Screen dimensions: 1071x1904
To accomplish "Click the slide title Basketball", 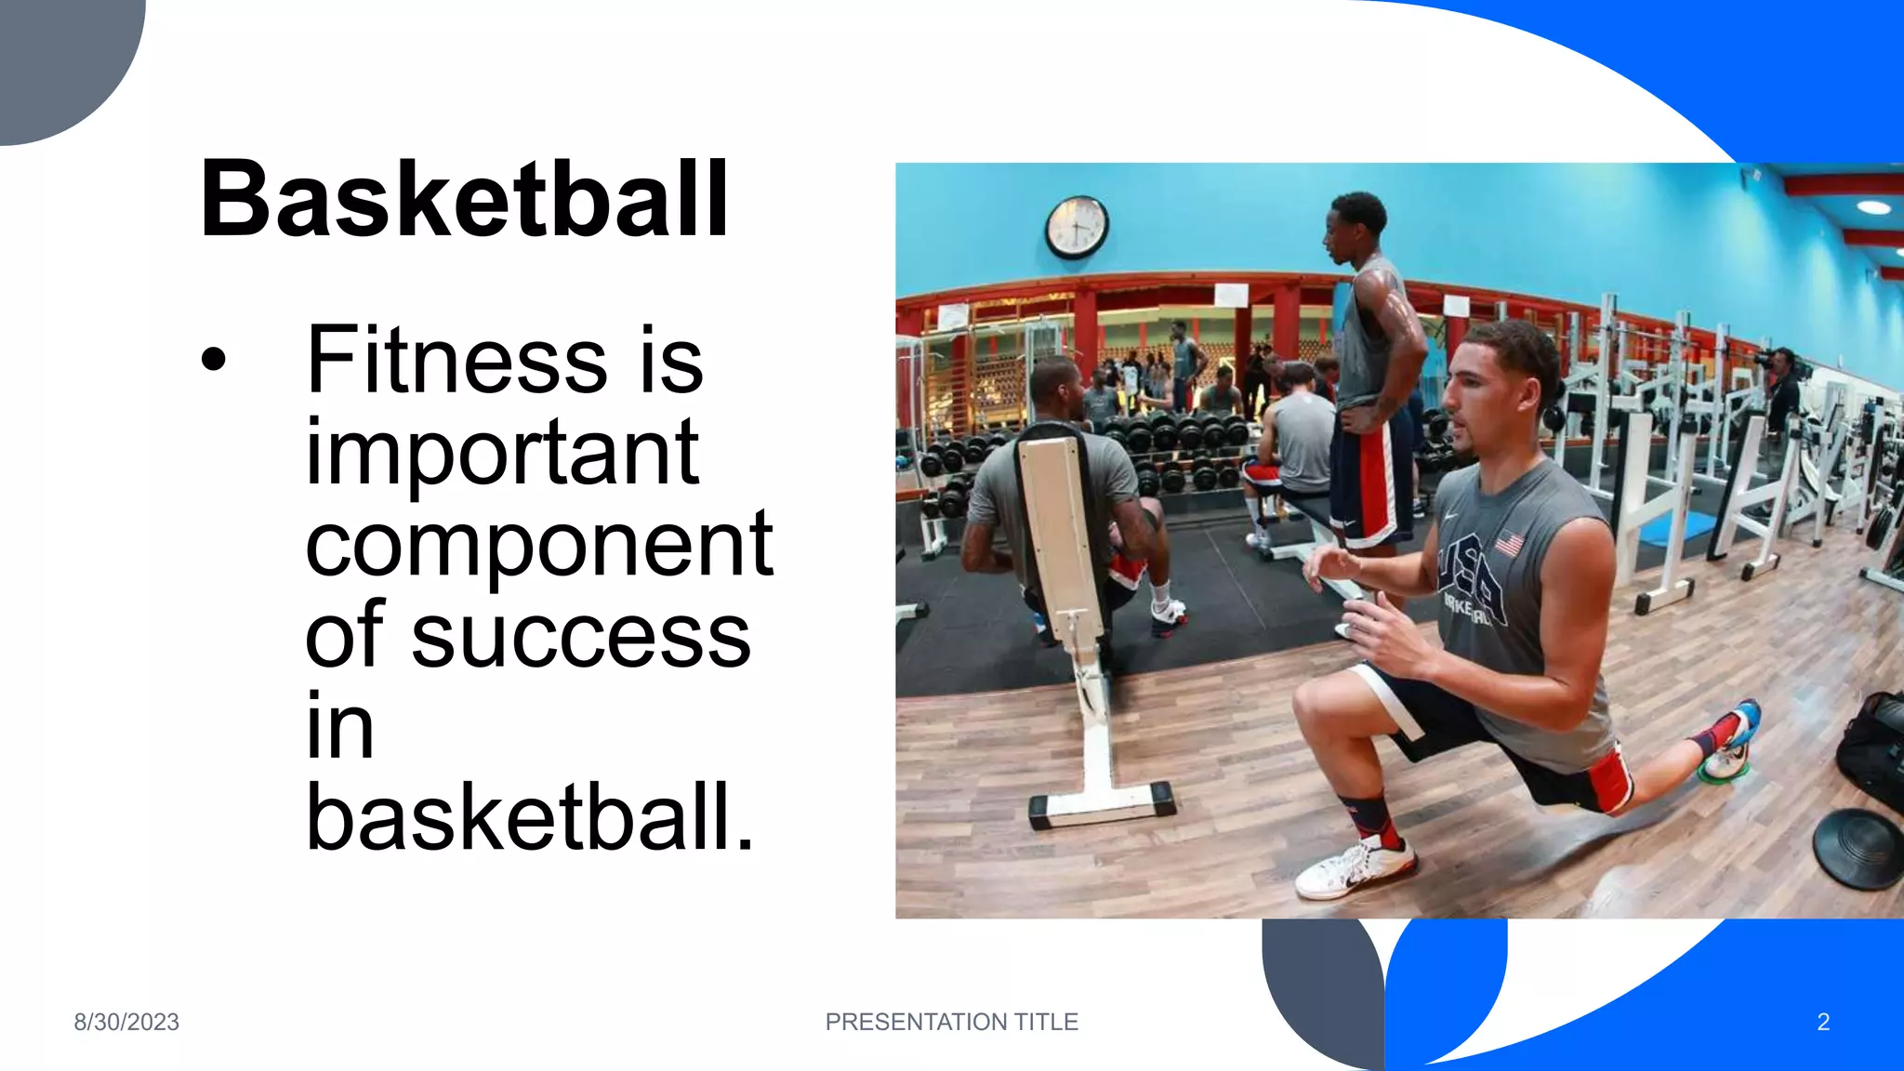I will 464,199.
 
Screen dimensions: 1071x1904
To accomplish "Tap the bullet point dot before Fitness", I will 214,360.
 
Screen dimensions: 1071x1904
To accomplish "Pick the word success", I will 581,637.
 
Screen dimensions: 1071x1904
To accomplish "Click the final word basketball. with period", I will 530,818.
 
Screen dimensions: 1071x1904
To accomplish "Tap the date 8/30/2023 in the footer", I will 126,1022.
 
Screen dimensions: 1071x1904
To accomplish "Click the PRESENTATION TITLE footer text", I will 951,1022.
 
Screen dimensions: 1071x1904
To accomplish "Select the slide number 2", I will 1822,1022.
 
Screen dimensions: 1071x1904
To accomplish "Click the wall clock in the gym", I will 1077,226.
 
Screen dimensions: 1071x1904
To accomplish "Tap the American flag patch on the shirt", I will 1509,542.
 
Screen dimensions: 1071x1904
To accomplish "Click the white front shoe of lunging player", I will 1355,869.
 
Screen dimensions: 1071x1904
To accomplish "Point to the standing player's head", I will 1356,228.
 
